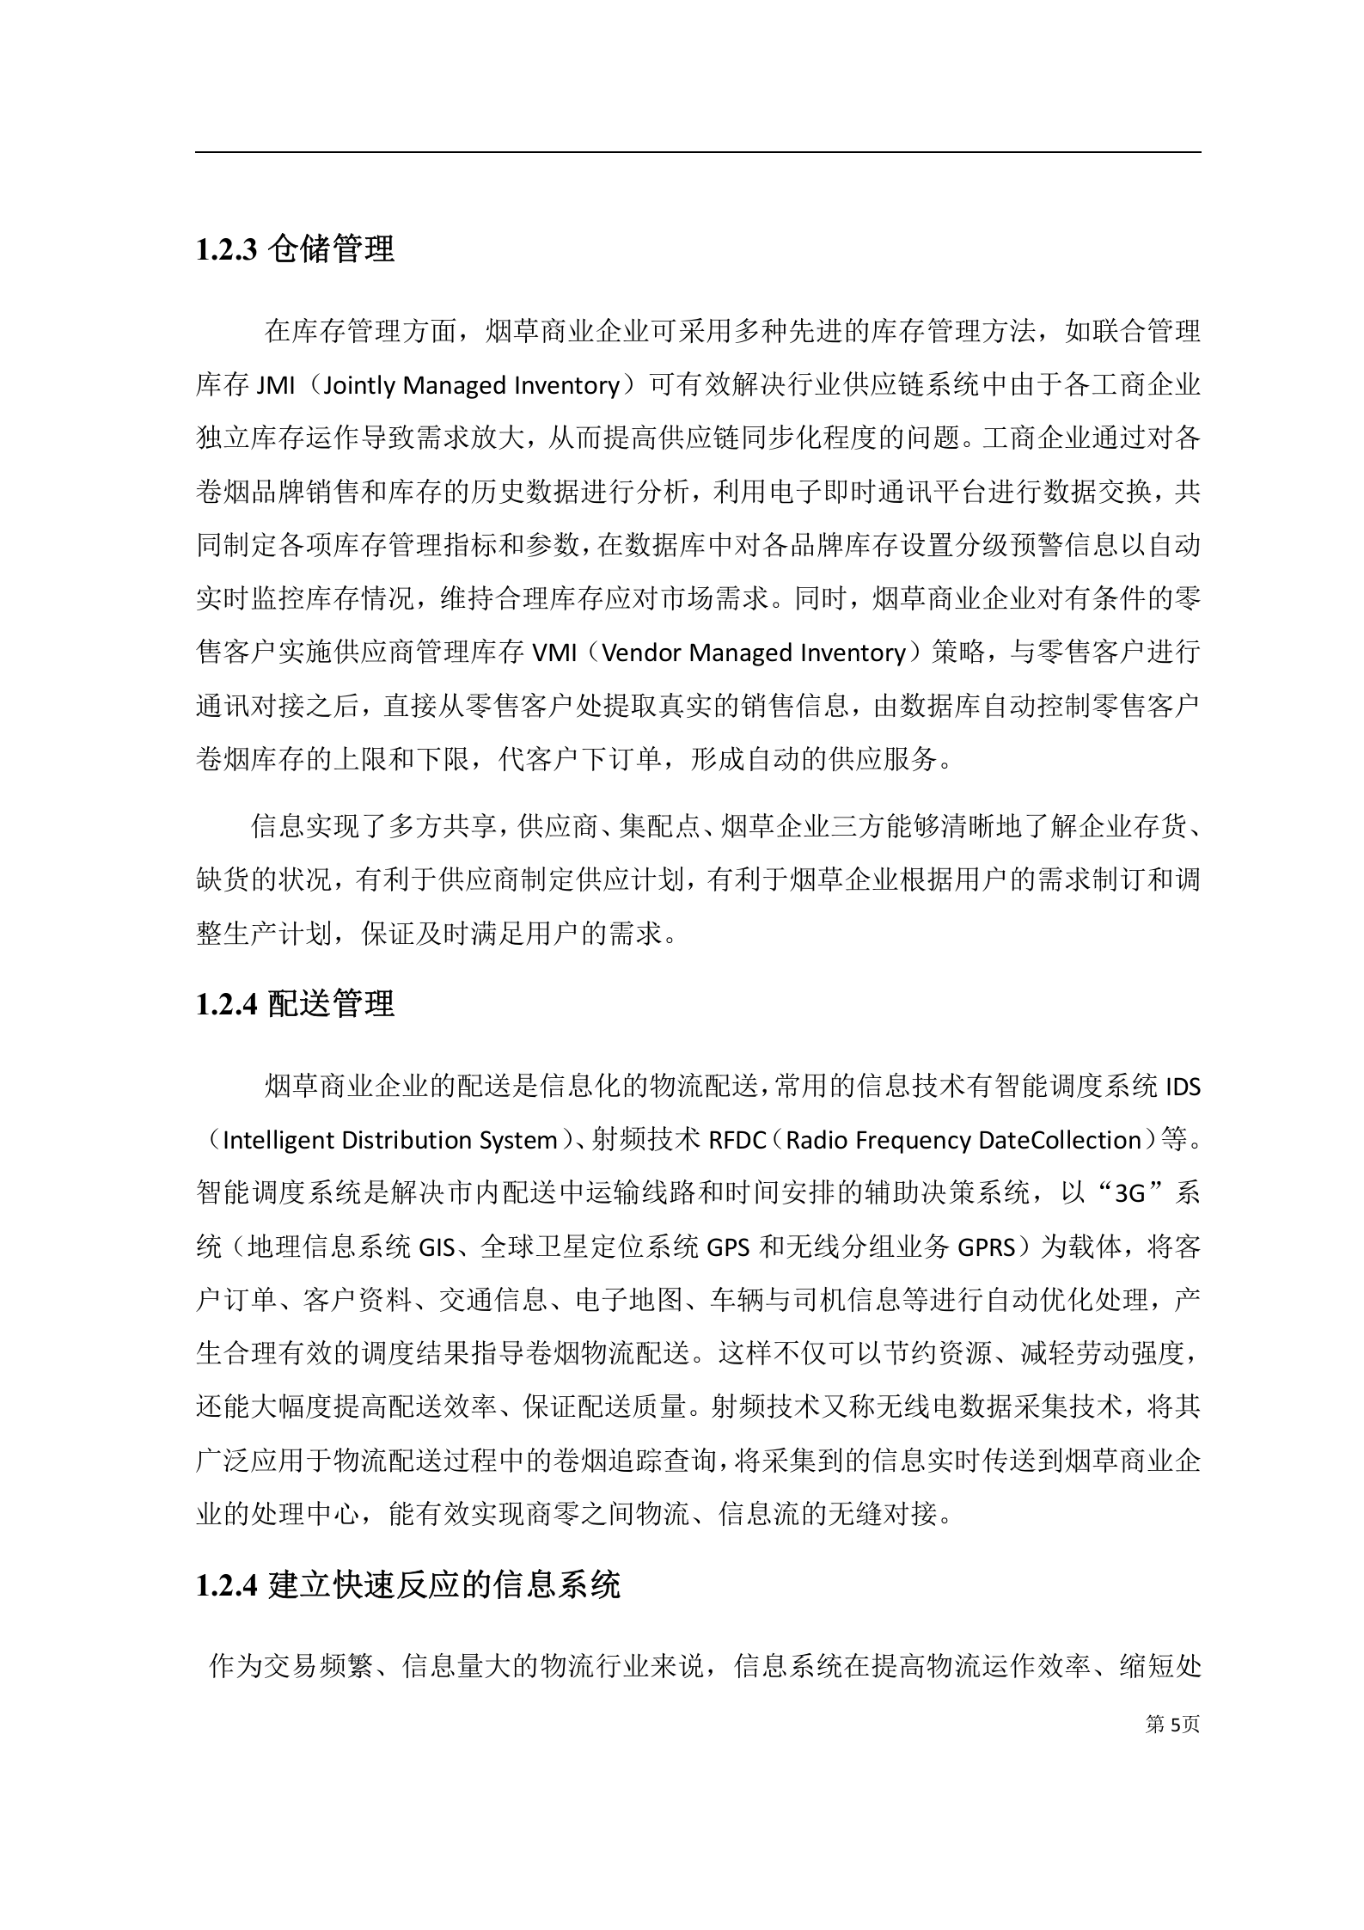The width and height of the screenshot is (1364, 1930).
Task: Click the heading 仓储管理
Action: click(x=331, y=249)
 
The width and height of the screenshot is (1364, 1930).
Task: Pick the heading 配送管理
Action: click(x=331, y=1003)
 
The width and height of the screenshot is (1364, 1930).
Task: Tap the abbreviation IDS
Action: click(x=1182, y=1087)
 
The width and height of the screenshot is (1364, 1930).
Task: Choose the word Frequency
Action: click(x=914, y=1140)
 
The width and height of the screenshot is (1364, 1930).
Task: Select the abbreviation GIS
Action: click(x=436, y=1247)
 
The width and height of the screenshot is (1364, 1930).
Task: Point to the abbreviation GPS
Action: click(x=730, y=1247)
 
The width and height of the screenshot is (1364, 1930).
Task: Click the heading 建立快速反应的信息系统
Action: click(x=443, y=1584)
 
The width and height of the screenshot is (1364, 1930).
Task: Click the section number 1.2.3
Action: click(x=227, y=250)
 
